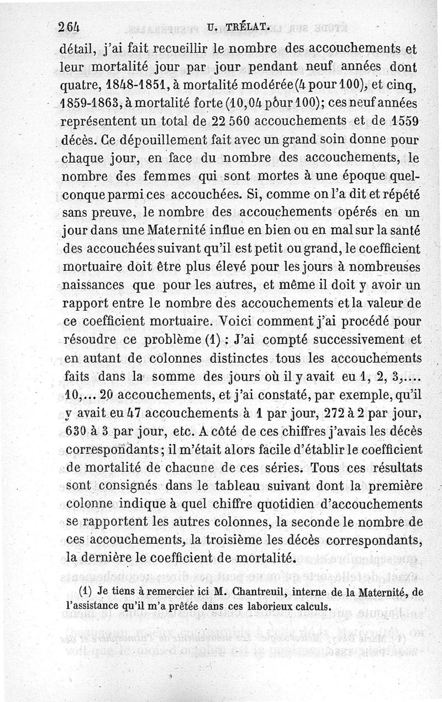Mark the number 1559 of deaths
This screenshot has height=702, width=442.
pyautogui.click(x=404, y=121)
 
